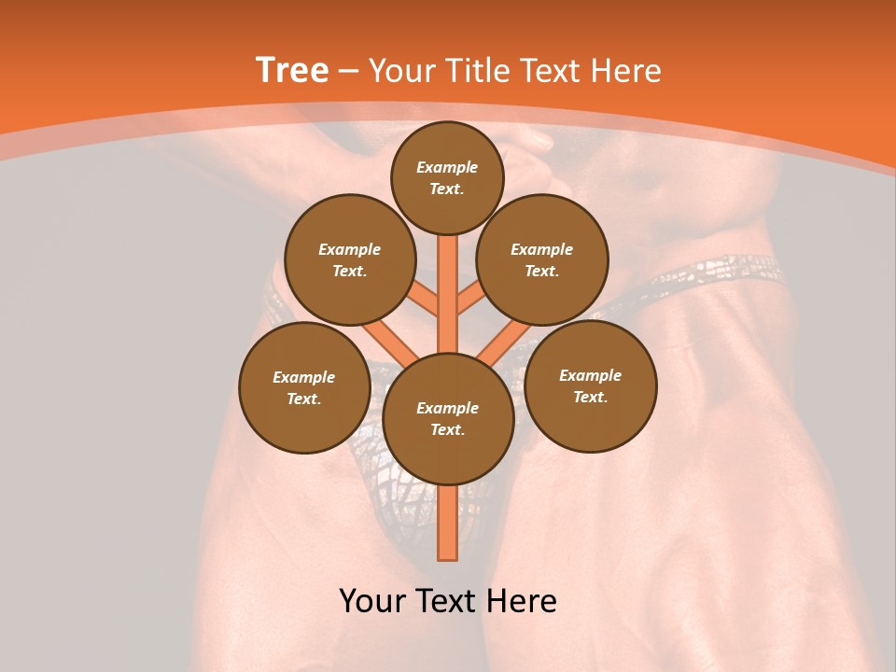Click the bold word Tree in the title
[x=292, y=70]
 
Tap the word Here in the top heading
[x=624, y=71]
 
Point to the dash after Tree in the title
[x=349, y=71]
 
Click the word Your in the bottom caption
[x=373, y=600]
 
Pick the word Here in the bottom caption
[x=520, y=600]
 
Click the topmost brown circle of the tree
[x=447, y=177]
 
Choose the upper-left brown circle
[x=350, y=260]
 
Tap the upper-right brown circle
[x=542, y=260]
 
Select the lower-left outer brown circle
[x=304, y=388]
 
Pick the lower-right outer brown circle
[x=590, y=385]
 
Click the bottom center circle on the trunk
[x=448, y=419]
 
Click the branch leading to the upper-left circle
[x=425, y=301]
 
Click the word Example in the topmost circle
[x=447, y=167]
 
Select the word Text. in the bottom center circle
[x=447, y=430]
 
